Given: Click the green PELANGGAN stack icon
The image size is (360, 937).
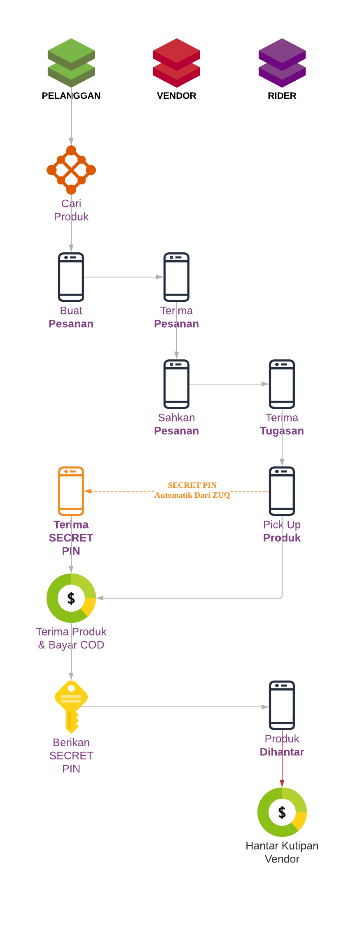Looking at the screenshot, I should pyautogui.click(x=71, y=63).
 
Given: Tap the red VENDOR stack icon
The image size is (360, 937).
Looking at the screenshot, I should pyautogui.click(x=176, y=63).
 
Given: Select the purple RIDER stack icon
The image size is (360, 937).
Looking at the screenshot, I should pyautogui.click(x=282, y=63).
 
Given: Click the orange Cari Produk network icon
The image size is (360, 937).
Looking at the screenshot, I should pyautogui.click(x=71, y=170).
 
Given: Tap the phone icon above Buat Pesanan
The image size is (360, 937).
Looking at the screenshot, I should pyautogui.click(x=71, y=277).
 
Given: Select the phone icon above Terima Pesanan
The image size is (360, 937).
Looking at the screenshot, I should pyautogui.click(x=176, y=277).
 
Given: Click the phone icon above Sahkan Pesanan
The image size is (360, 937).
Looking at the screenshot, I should pyautogui.click(x=176, y=384).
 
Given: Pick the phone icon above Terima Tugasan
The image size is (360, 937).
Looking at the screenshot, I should pyautogui.click(x=282, y=384).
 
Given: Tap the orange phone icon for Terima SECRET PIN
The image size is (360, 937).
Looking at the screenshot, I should pyautogui.click(x=71, y=491).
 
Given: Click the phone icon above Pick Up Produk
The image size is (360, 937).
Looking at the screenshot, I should pyautogui.click(x=282, y=491).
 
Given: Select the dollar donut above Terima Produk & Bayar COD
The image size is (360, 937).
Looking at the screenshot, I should pyautogui.click(x=71, y=598).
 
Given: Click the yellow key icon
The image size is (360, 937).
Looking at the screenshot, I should pyautogui.click(x=71, y=706).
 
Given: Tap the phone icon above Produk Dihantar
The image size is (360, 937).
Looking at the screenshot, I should pyautogui.click(x=282, y=705).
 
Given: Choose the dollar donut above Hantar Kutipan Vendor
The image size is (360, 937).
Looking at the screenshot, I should pyautogui.click(x=282, y=812).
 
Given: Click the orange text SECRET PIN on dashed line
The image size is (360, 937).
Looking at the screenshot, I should pyautogui.click(x=192, y=485).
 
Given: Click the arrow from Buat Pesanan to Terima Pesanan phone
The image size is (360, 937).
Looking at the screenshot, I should pyautogui.click(x=124, y=277).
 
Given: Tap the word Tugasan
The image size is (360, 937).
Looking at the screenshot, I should pyautogui.click(x=282, y=431).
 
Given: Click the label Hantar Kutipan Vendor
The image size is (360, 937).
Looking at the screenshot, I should pyautogui.click(x=282, y=852).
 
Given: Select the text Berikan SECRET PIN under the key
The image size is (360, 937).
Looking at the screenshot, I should pyautogui.click(x=71, y=755).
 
